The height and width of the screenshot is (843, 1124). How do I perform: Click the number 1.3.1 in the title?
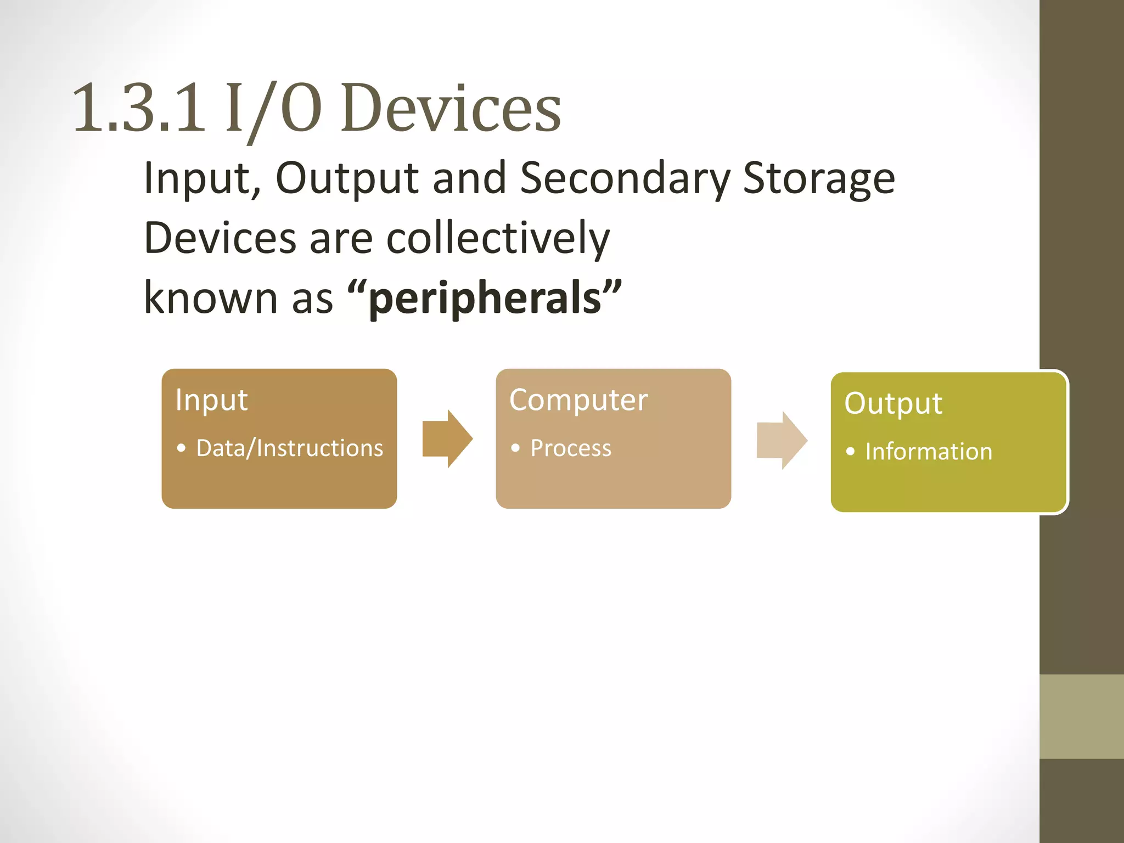[139, 108]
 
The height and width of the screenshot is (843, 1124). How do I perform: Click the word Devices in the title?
[451, 108]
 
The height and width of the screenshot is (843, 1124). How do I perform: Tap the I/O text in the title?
[273, 108]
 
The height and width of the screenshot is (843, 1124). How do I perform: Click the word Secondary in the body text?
[625, 178]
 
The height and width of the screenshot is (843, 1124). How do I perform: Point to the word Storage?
[819, 178]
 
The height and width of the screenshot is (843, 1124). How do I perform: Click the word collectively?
[498, 239]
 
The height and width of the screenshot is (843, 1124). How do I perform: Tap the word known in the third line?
[211, 298]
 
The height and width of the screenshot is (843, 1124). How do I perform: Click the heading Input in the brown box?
[211, 400]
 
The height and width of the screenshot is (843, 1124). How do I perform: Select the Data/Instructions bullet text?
[289, 448]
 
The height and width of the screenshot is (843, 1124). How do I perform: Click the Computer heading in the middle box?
[578, 400]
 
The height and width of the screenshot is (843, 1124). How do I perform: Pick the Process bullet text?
[570, 448]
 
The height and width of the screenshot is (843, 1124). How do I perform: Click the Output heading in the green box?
[893, 403]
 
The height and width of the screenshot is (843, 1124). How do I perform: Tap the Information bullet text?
[929, 452]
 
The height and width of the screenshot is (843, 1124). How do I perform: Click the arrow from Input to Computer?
[447, 439]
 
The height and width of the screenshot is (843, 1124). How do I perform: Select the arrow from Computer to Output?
[782, 440]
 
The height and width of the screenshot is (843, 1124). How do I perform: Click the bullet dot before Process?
[515, 448]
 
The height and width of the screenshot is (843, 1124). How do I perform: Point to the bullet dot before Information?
[850, 452]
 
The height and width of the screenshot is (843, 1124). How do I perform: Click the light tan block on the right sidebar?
[1081, 716]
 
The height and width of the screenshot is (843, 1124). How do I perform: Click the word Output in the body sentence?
[347, 178]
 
